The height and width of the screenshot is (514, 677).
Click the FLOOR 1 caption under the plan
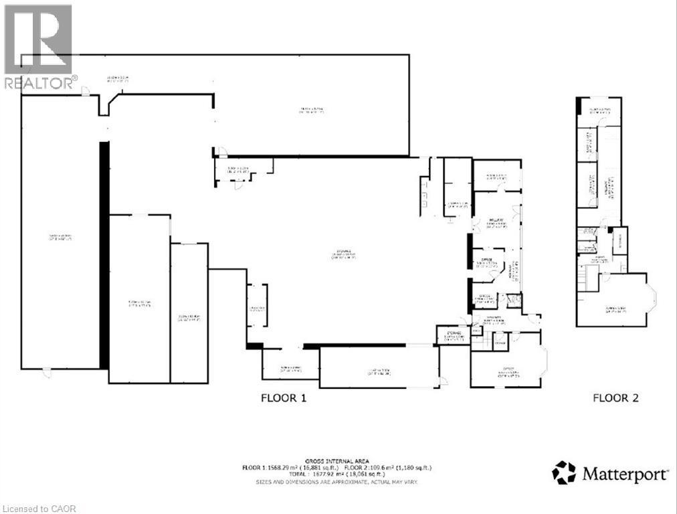(x=283, y=398)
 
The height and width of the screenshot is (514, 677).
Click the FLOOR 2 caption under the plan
(x=615, y=398)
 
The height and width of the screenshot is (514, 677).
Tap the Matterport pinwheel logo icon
(x=563, y=473)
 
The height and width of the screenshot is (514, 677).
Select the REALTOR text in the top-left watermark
(x=39, y=83)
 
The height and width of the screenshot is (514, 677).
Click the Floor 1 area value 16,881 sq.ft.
(x=316, y=468)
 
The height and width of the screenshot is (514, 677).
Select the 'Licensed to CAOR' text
(x=39, y=509)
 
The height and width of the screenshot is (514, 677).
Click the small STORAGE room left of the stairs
(x=452, y=335)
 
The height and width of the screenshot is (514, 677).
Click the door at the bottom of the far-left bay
(x=45, y=372)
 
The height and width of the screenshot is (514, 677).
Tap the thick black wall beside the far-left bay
(x=104, y=254)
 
